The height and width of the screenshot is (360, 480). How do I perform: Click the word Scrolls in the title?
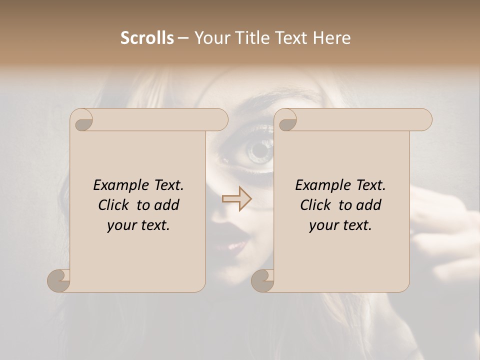pyautogui.click(x=147, y=38)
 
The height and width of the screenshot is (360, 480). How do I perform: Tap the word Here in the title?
pyautogui.click(x=332, y=38)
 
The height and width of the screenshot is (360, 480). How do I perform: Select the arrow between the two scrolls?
pyautogui.click(x=237, y=199)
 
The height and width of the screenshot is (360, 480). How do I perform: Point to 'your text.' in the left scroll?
pyautogui.click(x=138, y=225)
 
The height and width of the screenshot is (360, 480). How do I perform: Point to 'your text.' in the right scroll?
pyautogui.click(x=340, y=225)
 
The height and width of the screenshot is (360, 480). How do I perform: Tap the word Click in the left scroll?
pyautogui.click(x=115, y=205)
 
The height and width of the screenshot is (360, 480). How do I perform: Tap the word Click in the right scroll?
pyautogui.click(x=316, y=205)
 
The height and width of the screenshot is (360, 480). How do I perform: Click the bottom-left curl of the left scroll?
pyautogui.click(x=59, y=280)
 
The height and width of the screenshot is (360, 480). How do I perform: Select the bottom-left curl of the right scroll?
pyautogui.click(x=262, y=280)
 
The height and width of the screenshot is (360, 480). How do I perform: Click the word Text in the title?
pyautogui.click(x=291, y=38)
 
